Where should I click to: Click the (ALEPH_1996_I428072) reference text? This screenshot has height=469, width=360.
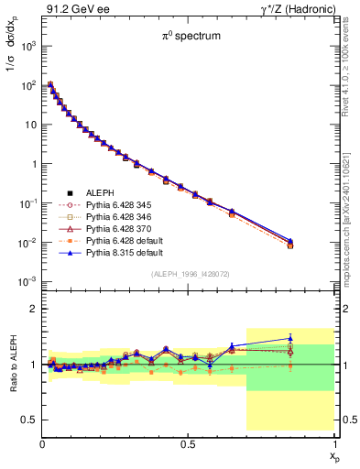click(188, 274)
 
